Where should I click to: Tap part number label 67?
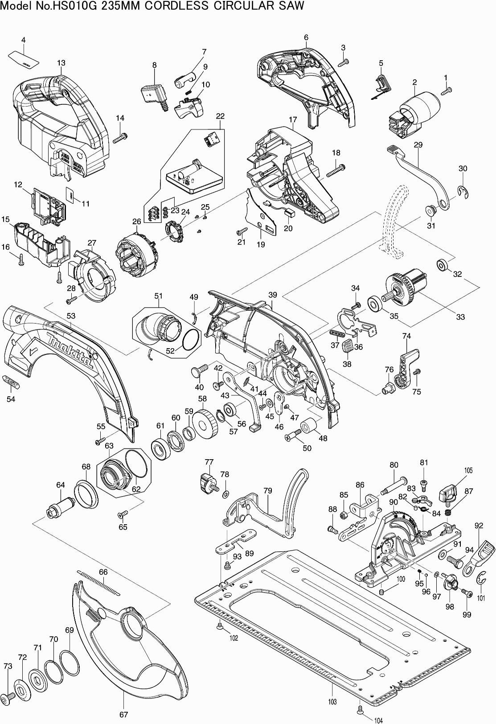[x=123, y=714]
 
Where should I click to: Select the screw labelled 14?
[x=120, y=139]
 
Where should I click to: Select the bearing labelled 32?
[x=442, y=264]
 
